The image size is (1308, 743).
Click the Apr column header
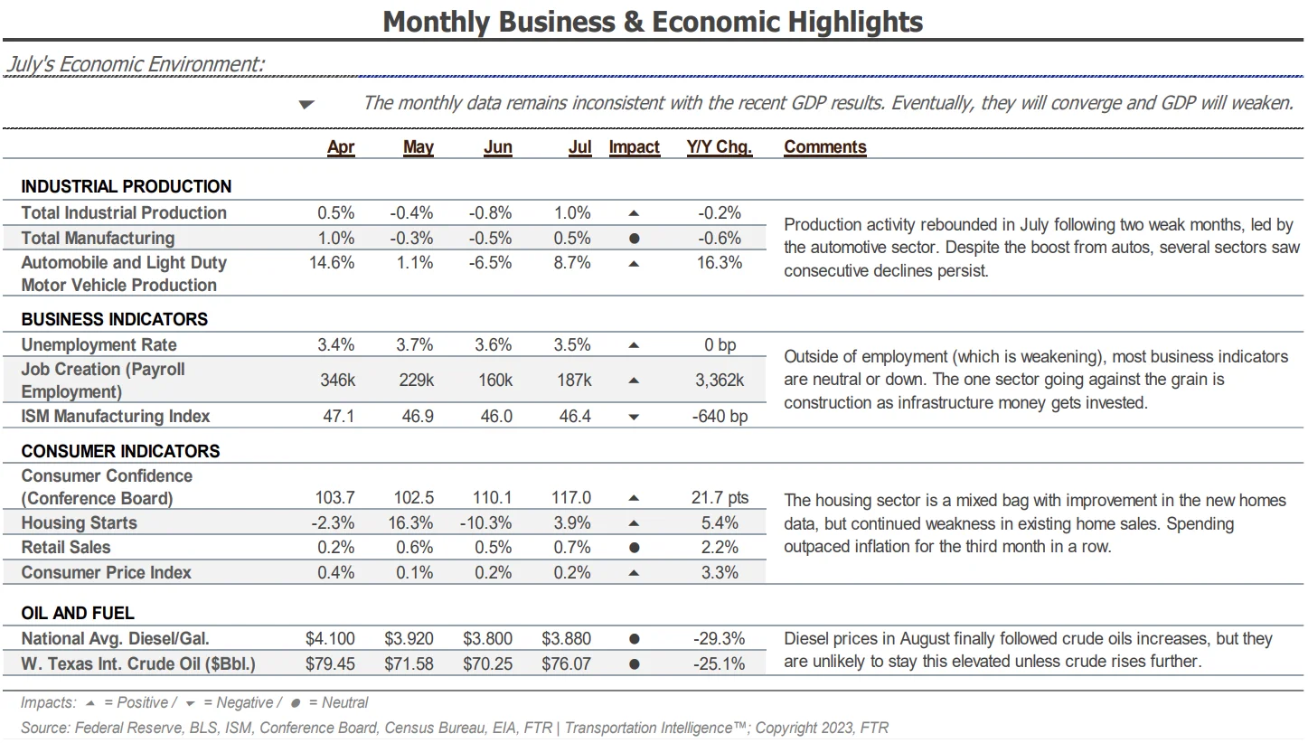(x=341, y=147)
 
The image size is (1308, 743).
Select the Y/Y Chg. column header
(x=720, y=147)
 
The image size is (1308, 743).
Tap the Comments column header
(x=825, y=147)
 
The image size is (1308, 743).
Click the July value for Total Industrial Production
(x=572, y=213)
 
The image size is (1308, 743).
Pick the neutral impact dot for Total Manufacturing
(x=635, y=239)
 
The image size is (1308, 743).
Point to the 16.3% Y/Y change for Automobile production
(x=720, y=263)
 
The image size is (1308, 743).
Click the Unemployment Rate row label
(x=99, y=345)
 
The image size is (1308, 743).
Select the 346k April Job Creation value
(x=337, y=381)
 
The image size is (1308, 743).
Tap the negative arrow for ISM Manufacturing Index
(x=634, y=417)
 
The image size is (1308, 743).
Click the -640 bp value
(x=720, y=417)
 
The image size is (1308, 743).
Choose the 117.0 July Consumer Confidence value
(x=571, y=498)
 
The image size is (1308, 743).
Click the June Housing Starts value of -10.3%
(x=485, y=522)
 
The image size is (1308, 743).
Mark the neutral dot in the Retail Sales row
(x=635, y=548)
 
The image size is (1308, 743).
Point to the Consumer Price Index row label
(x=107, y=572)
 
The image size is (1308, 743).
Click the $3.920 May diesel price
(x=409, y=639)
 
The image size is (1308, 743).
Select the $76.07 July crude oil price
(x=566, y=664)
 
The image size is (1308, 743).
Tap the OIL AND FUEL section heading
(x=78, y=614)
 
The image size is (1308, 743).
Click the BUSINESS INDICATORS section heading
(x=115, y=319)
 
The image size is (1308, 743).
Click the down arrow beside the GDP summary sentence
(x=306, y=105)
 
